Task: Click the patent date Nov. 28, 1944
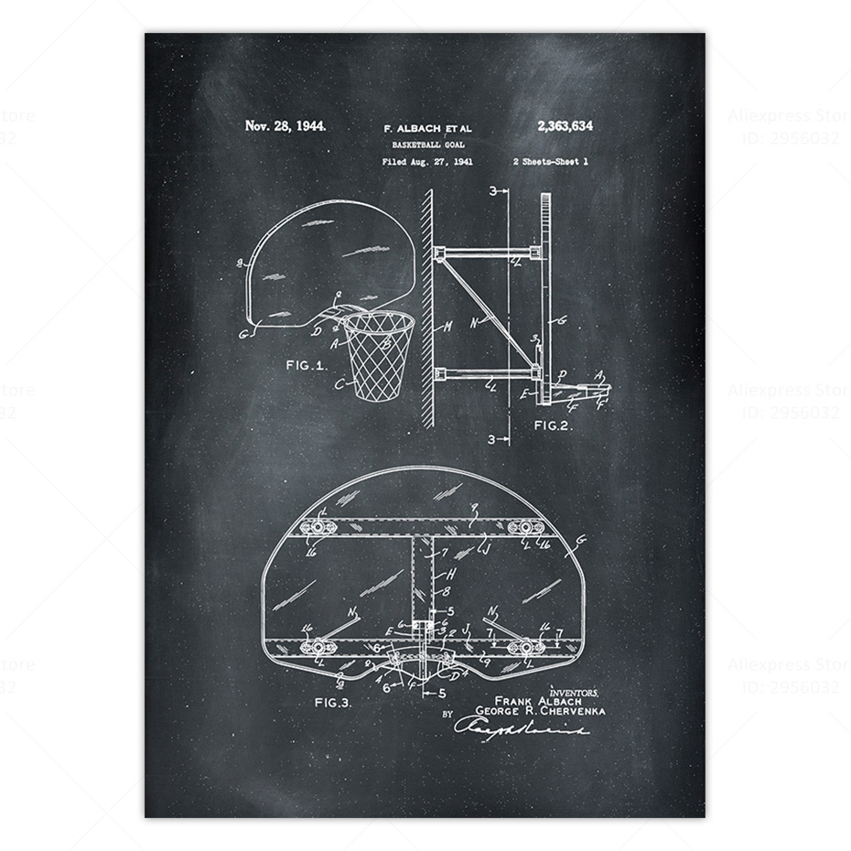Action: (x=285, y=125)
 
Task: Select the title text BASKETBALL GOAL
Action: (x=425, y=145)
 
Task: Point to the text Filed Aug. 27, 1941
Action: (x=426, y=162)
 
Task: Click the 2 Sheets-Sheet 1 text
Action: (x=551, y=162)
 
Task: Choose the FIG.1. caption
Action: (x=306, y=364)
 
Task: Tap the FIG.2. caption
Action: (x=554, y=425)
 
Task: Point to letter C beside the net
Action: (x=339, y=385)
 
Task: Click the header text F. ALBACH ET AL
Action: (x=425, y=128)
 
